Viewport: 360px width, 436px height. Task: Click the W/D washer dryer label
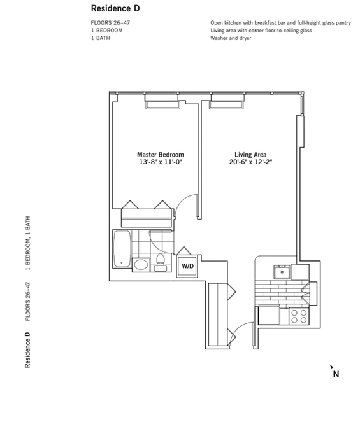(188, 266)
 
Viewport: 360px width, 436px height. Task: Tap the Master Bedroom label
(161, 155)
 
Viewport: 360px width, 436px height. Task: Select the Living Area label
(250, 155)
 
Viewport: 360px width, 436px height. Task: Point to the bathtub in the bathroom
(122, 249)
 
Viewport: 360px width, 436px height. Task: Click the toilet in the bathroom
(161, 262)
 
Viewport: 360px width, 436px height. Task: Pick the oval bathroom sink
(141, 265)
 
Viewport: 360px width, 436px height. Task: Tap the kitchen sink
(282, 272)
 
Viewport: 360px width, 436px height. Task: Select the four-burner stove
(299, 316)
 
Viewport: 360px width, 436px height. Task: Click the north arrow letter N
(336, 374)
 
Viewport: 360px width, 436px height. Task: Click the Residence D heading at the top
(115, 9)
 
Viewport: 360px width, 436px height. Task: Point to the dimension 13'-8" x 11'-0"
(161, 162)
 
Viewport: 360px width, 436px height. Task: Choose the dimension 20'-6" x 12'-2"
(250, 162)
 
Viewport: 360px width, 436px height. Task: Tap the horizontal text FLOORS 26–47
(110, 23)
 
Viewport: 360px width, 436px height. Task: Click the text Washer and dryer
(231, 38)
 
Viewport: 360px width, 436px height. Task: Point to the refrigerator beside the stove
(269, 315)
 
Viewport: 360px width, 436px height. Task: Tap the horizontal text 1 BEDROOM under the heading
(106, 31)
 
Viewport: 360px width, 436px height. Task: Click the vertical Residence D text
(27, 350)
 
